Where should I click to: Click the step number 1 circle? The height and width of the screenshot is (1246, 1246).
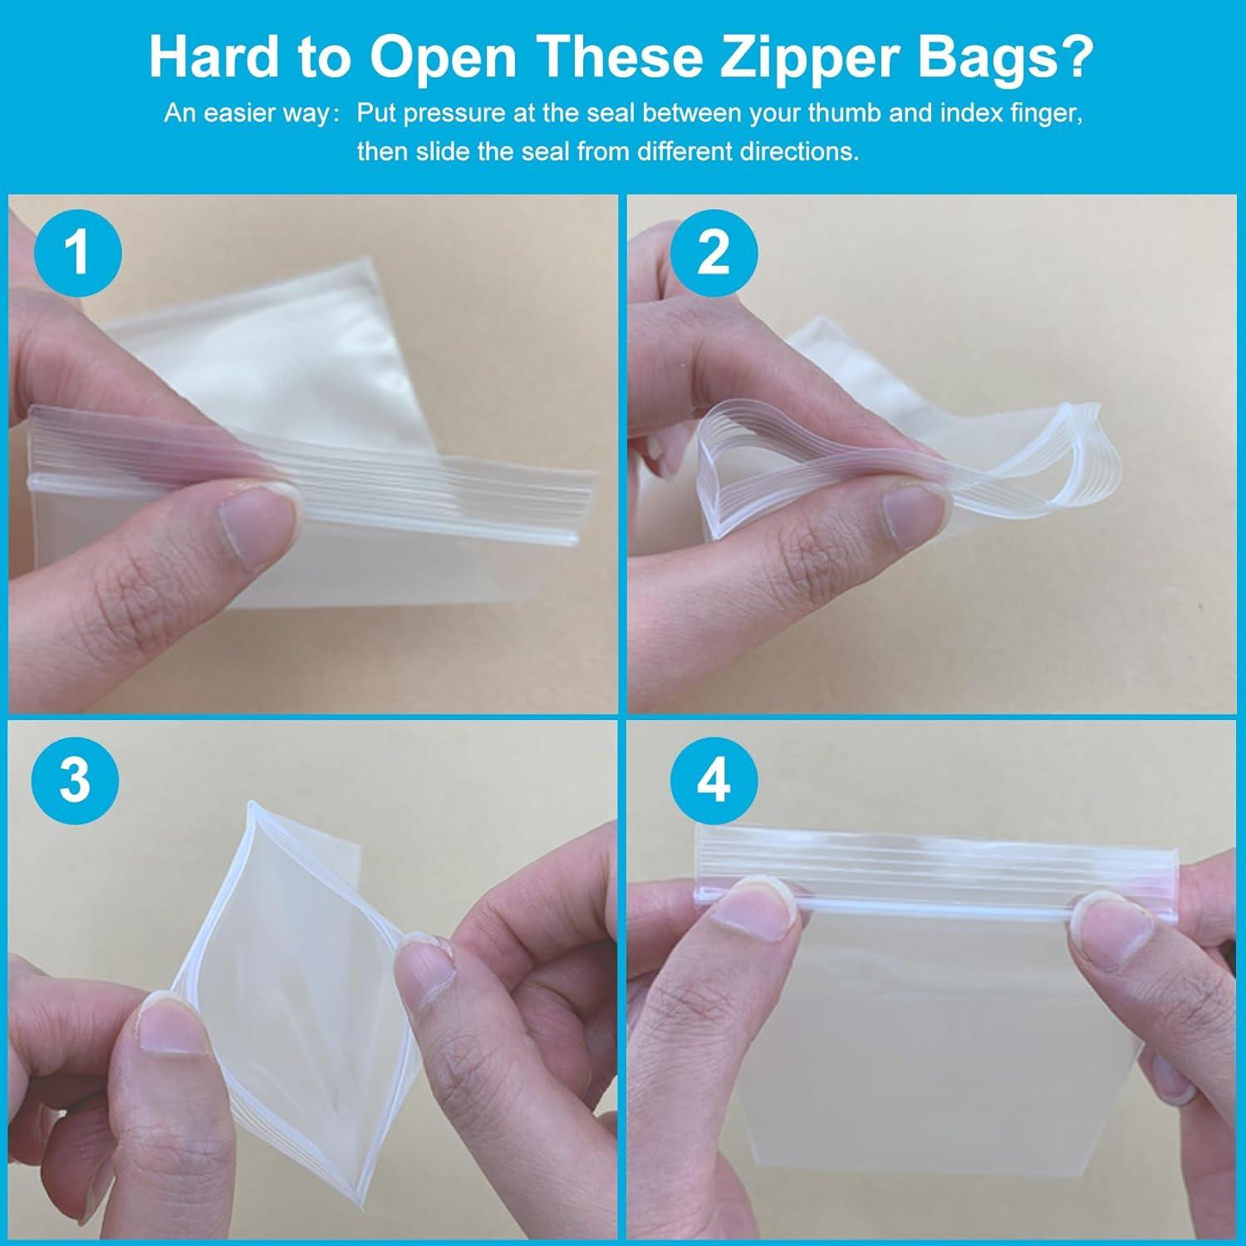(x=77, y=252)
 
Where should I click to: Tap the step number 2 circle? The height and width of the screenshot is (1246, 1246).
(x=714, y=252)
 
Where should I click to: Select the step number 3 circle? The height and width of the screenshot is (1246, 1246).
(x=76, y=780)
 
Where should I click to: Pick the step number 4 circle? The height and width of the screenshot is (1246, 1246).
(x=714, y=780)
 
